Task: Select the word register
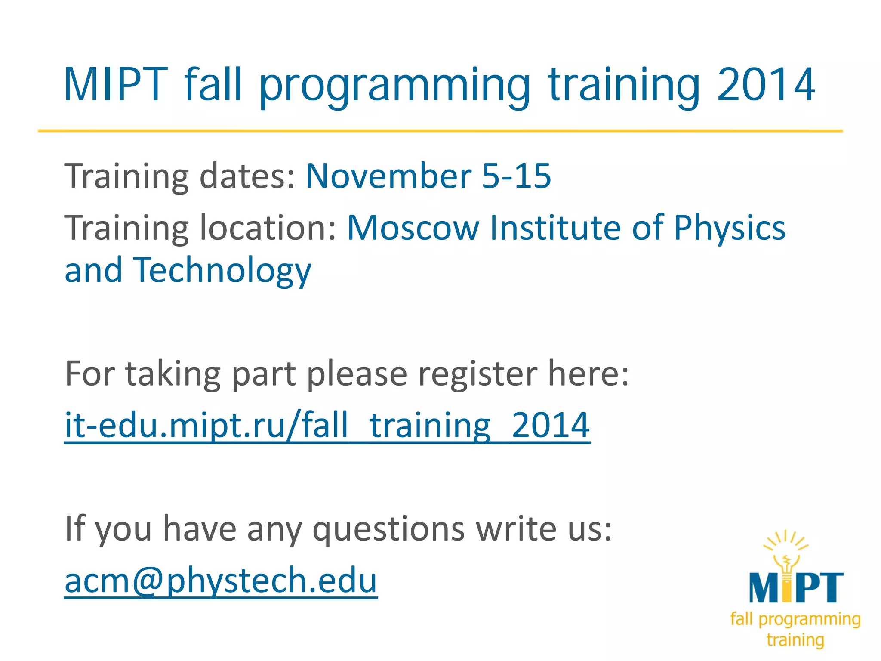click(477, 374)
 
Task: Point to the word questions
click(388, 529)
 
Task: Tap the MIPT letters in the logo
click(796, 588)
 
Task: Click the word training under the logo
click(795, 640)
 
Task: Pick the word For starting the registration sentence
click(89, 374)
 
